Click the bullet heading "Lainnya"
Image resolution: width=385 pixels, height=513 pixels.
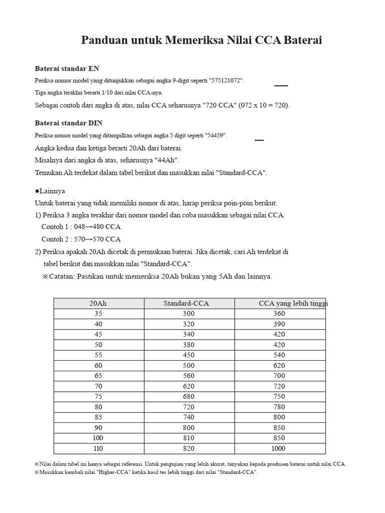click(x=52, y=191)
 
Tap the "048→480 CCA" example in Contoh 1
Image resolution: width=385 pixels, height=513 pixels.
click(x=97, y=227)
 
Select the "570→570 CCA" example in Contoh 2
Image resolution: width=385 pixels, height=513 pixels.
click(x=97, y=239)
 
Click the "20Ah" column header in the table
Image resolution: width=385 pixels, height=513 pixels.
click(x=98, y=303)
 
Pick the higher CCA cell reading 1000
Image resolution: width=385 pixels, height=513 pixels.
click(x=279, y=448)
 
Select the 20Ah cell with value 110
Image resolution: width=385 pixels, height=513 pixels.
click(x=98, y=448)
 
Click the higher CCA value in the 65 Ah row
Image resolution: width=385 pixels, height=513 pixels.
click(x=279, y=376)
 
